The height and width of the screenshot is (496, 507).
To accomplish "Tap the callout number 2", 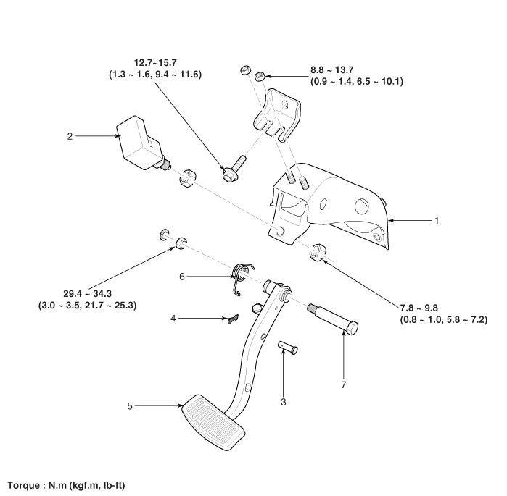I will click(x=70, y=135).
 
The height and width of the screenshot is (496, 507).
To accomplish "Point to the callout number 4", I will click(x=173, y=317).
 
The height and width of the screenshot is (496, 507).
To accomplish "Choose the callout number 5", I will click(x=129, y=406).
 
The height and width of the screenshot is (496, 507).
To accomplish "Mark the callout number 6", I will click(x=183, y=276).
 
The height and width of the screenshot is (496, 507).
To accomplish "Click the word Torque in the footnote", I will click(x=25, y=484).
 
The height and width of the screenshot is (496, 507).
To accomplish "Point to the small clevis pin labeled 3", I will click(x=289, y=348).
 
